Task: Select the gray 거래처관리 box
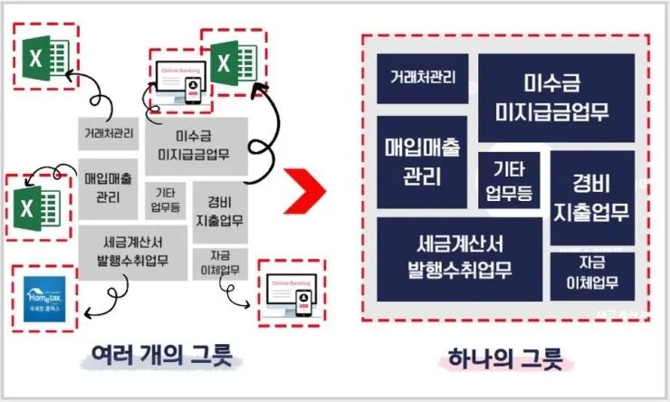[109, 134]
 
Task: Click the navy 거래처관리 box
[422, 78]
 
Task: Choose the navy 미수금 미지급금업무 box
[557, 98]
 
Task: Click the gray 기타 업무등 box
[165, 200]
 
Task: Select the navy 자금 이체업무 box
[592, 275]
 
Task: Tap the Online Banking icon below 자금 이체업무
[290, 292]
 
